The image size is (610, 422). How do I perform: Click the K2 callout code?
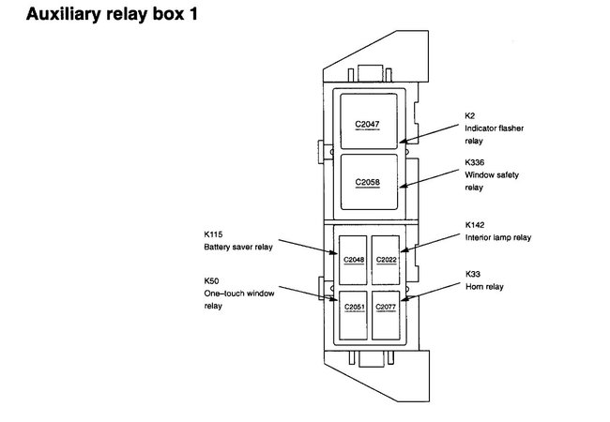pos(470,114)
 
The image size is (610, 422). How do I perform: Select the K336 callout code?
pos(475,161)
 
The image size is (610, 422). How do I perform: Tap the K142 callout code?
pos(475,225)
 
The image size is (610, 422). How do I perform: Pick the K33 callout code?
pos(472,274)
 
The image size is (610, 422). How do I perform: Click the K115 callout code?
pos(213,234)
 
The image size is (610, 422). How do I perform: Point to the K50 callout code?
pos(210,280)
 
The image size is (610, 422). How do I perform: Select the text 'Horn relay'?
pos(484,287)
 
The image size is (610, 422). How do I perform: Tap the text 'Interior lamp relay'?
pos(498,238)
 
